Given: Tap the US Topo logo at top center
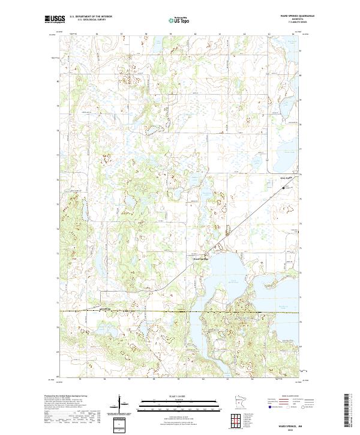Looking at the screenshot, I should click(x=180, y=20).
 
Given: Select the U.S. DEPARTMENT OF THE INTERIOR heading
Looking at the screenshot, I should click(x=91, y=16).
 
